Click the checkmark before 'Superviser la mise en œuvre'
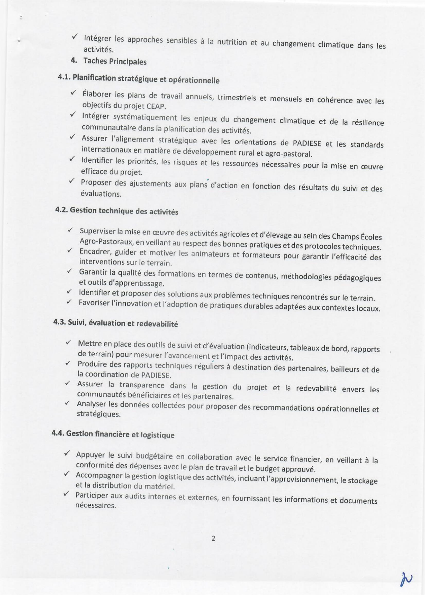point(70,229)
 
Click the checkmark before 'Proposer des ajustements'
point(71,181)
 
